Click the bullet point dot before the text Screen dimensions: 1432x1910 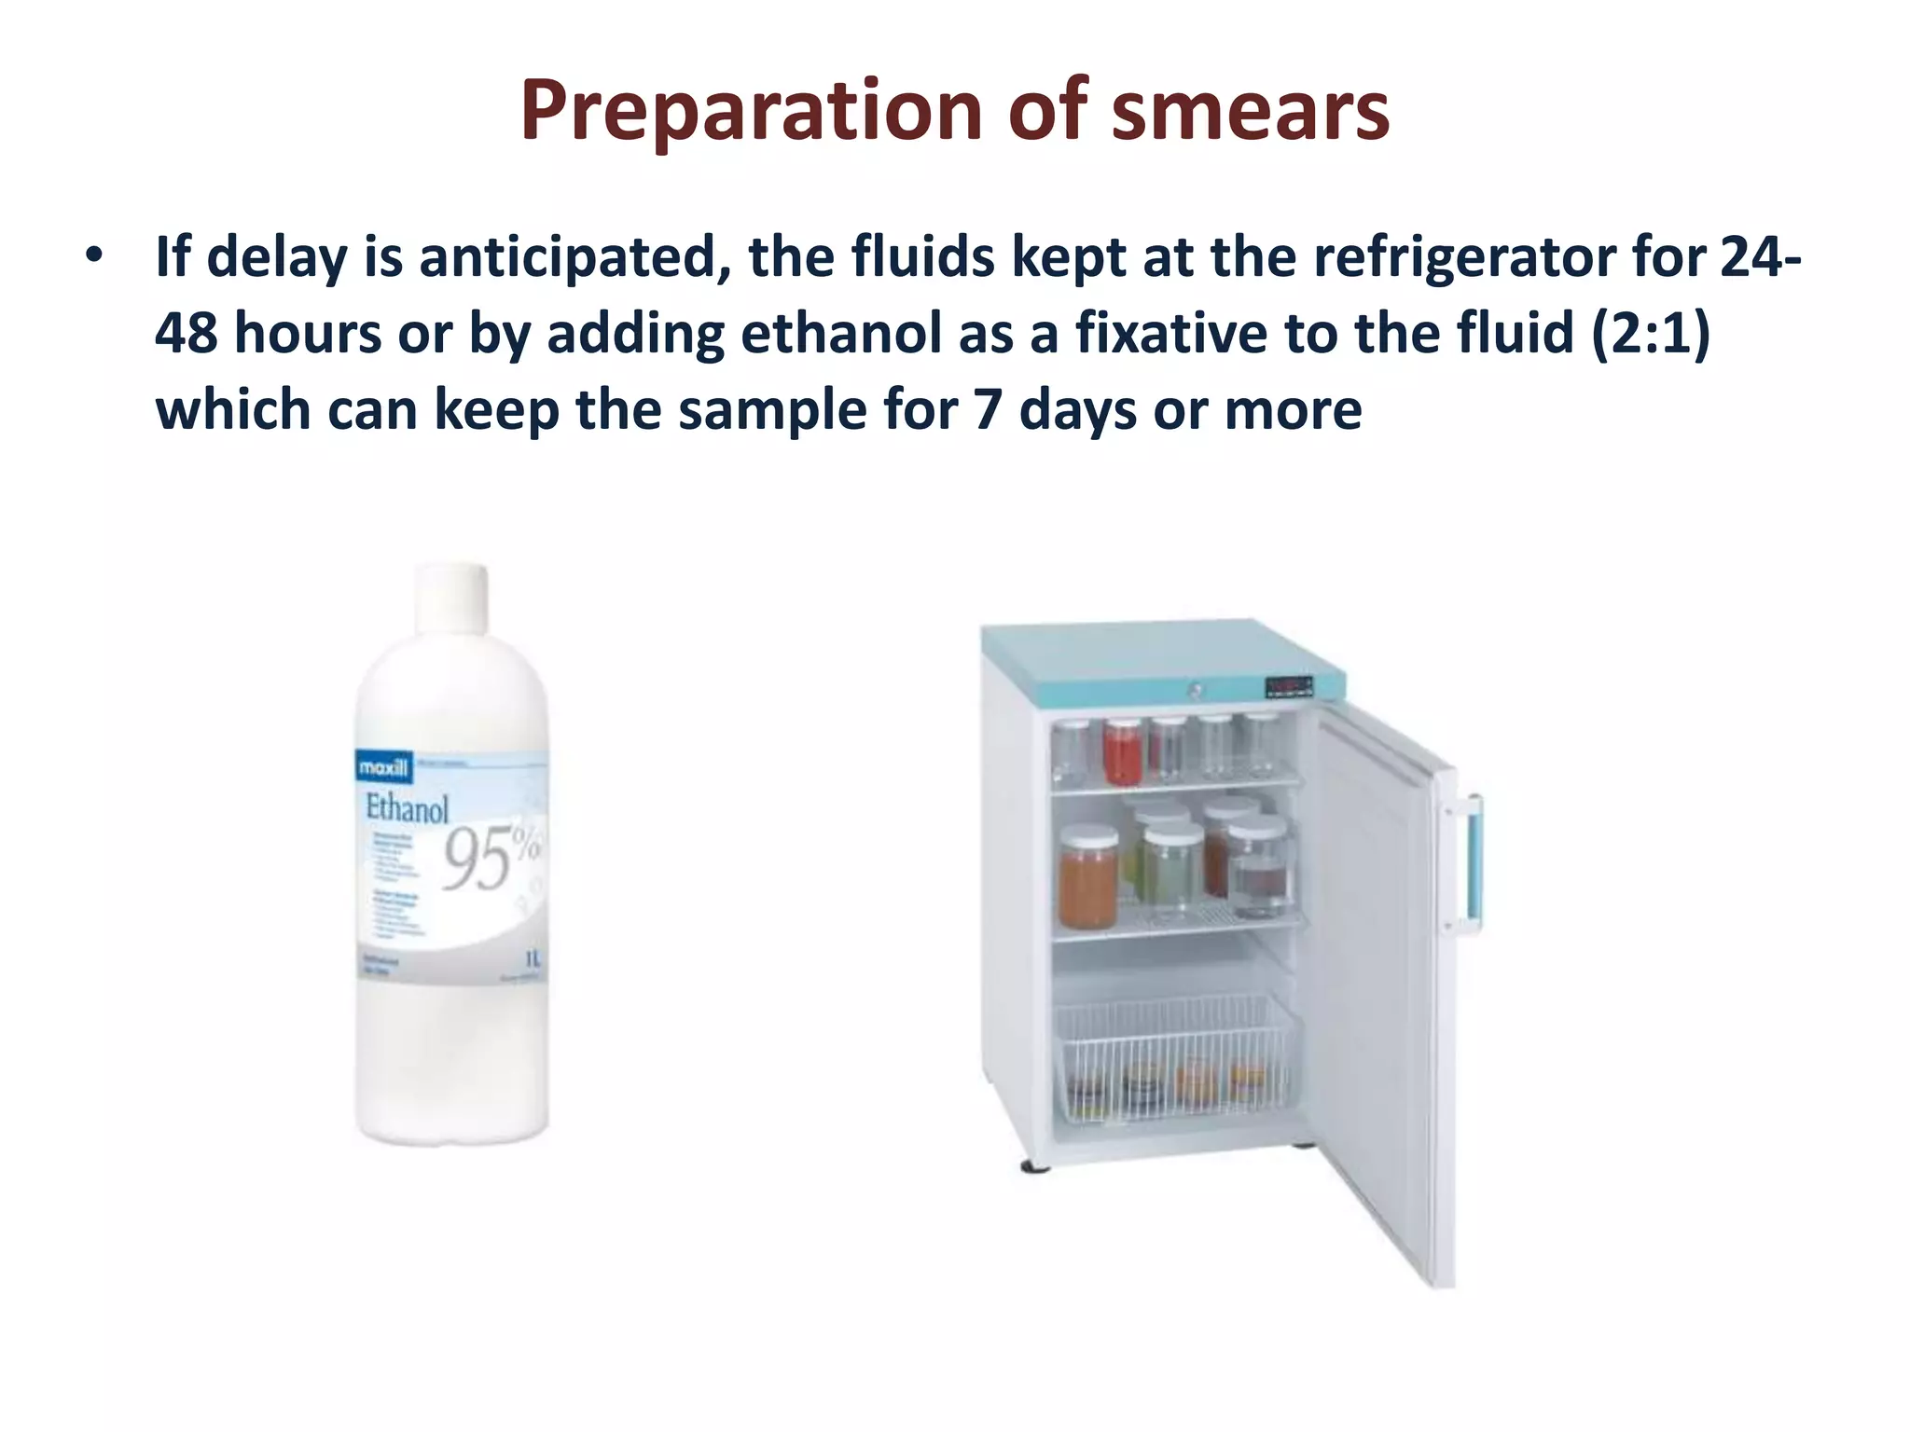click(92, 255)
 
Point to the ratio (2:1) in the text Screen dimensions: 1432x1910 click(1651, 334)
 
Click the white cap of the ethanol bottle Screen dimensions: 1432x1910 click(451, 597)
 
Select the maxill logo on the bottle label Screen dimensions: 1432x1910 click(383, 768)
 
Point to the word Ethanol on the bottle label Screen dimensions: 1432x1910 click(407, 807)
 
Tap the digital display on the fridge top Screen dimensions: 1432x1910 click(1289, 687)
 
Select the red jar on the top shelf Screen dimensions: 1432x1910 click(1123, 751)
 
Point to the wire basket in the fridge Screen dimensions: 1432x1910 click(1175, 1058)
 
